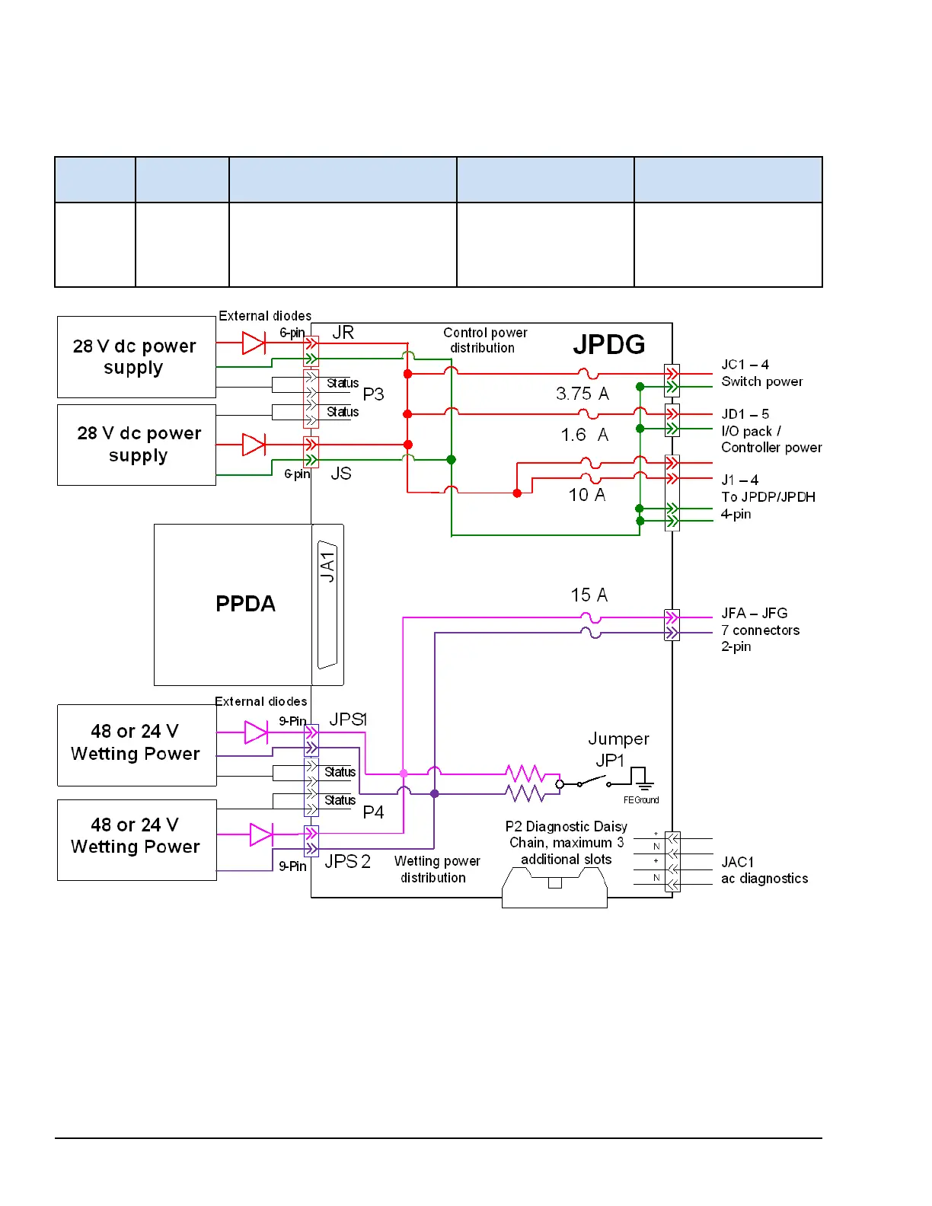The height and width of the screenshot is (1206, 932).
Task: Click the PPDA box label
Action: point(245,604)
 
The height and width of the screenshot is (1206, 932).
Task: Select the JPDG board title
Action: point(608,345)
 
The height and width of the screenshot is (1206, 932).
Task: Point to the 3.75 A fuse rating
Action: point(582,394)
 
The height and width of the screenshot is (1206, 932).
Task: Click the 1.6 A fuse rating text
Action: point(584,435)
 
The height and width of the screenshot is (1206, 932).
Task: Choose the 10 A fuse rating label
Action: point(586,495)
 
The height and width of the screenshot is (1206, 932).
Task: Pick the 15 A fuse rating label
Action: point(589,595)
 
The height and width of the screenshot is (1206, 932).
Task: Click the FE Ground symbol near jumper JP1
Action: point(642,778)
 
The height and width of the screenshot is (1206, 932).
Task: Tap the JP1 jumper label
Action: point(610,761)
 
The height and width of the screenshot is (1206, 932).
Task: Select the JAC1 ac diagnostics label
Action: point(764,870)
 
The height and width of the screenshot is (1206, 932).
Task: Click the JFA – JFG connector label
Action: point(754,613)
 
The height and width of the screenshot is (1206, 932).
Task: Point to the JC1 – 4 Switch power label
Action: point(761,373)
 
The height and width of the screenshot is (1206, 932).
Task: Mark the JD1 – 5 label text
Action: point(745,414)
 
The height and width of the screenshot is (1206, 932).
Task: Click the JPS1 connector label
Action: point(348,719)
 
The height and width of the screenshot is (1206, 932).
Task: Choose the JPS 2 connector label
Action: point(347,861)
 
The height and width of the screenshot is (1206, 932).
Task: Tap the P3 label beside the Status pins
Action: point(373,394)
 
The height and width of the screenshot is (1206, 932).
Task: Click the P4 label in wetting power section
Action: point(373,812)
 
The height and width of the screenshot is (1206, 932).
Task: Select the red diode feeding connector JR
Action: point(254,343)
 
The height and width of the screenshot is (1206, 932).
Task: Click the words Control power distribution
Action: point(485,340)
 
